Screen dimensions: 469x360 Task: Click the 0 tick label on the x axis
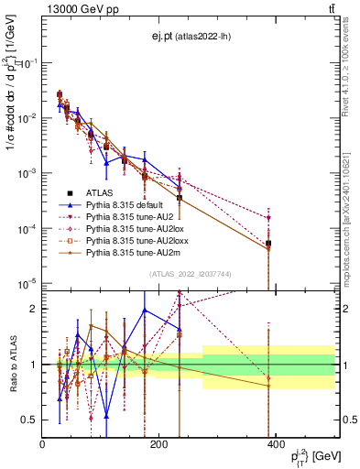(43, 444)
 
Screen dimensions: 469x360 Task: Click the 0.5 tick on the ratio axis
(31, 420)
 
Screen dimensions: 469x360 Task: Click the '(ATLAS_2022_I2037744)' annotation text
(191, 274)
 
